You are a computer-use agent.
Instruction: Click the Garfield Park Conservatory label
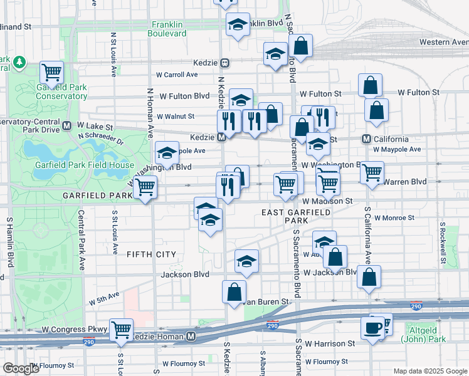pos(61,91)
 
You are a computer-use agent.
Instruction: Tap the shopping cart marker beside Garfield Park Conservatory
pos(51,71)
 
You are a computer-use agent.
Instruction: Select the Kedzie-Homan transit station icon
pos(191,337)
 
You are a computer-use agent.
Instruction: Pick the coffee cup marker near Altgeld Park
pos(373,328)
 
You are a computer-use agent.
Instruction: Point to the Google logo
pos(21,368)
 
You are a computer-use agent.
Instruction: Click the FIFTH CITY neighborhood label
pos(151,254)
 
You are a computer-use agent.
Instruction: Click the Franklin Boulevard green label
pos(169,29)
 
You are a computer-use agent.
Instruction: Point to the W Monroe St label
pos(394,218)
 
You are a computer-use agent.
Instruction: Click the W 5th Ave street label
pos(104,298)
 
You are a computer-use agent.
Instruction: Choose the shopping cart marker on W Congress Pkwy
pos(121,329)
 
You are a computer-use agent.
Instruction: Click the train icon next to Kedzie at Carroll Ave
pos(224,63)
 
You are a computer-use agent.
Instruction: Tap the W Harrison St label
pos(330,343)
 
